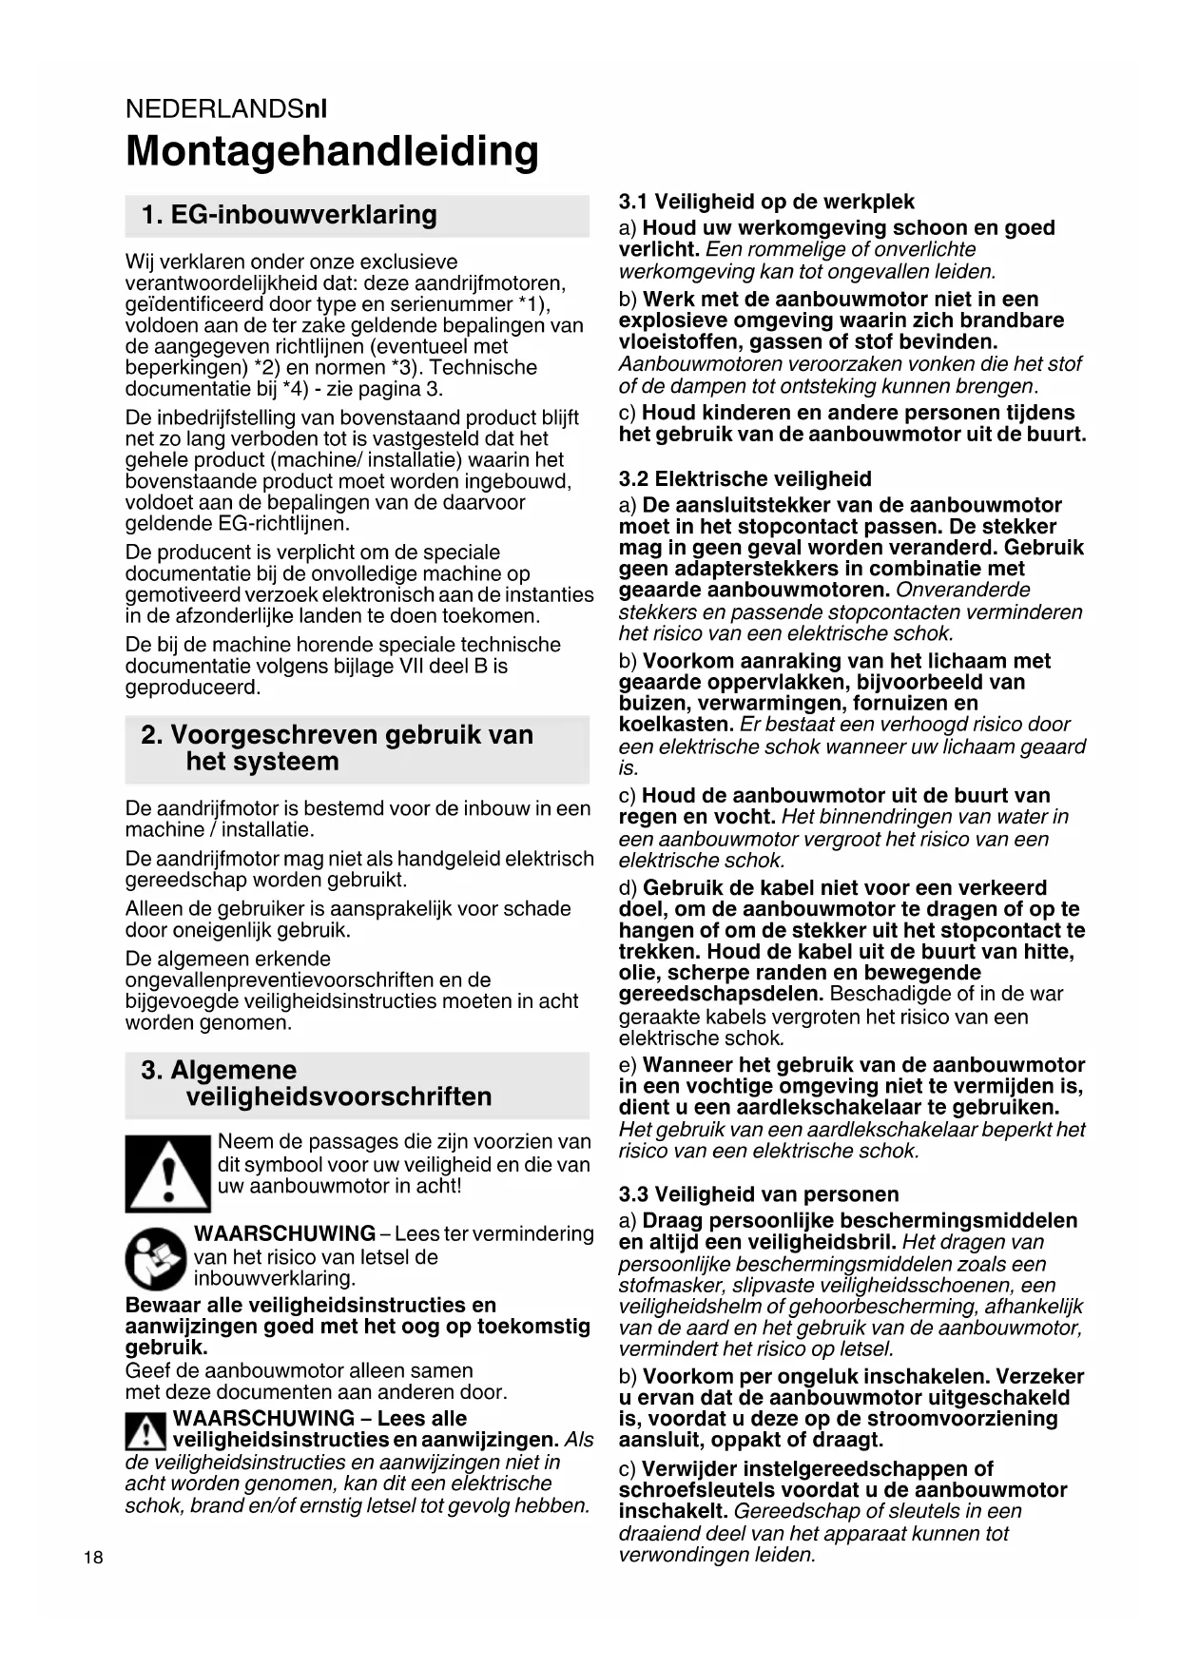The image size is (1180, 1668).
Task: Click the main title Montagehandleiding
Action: coord(332,152)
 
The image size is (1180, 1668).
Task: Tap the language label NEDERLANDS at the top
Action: coord(214,109)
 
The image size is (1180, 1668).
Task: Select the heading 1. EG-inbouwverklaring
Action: coord(289,215)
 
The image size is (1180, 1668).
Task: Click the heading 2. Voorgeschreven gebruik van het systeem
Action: coord(337,748)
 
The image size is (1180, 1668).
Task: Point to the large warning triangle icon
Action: coord(167,1173)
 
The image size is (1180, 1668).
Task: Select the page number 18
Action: coord(93,1558)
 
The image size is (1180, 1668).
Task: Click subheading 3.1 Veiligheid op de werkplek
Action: coord(766,202)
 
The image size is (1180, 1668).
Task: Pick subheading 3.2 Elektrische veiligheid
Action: coord(745,479)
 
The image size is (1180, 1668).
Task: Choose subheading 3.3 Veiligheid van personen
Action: coord(758,1194)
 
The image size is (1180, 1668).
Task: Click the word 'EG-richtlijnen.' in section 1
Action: coord(238,524)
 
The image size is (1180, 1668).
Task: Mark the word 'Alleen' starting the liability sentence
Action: coord(154,909)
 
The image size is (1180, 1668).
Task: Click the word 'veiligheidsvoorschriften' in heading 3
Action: coord(339,1097)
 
